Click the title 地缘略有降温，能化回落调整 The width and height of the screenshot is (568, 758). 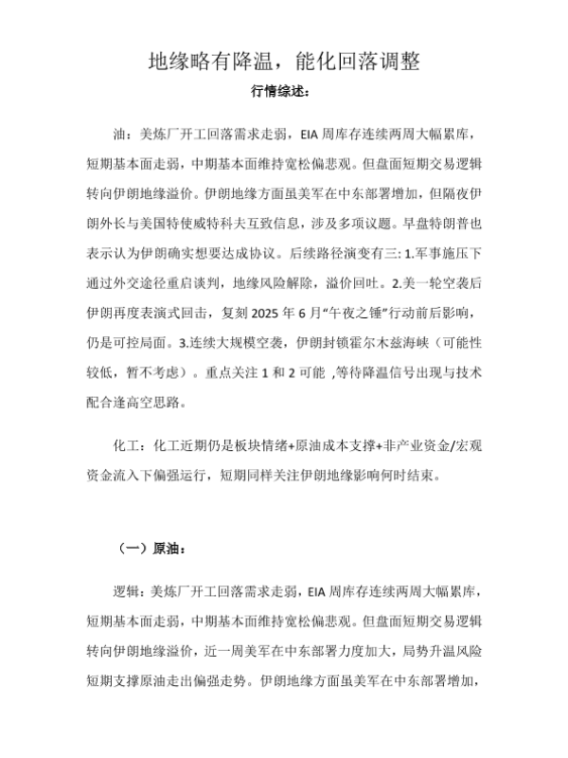tap(284, 63)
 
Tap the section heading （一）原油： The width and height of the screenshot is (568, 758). tap(151, 547)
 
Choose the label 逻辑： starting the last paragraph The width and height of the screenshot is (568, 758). tap(130, 594)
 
